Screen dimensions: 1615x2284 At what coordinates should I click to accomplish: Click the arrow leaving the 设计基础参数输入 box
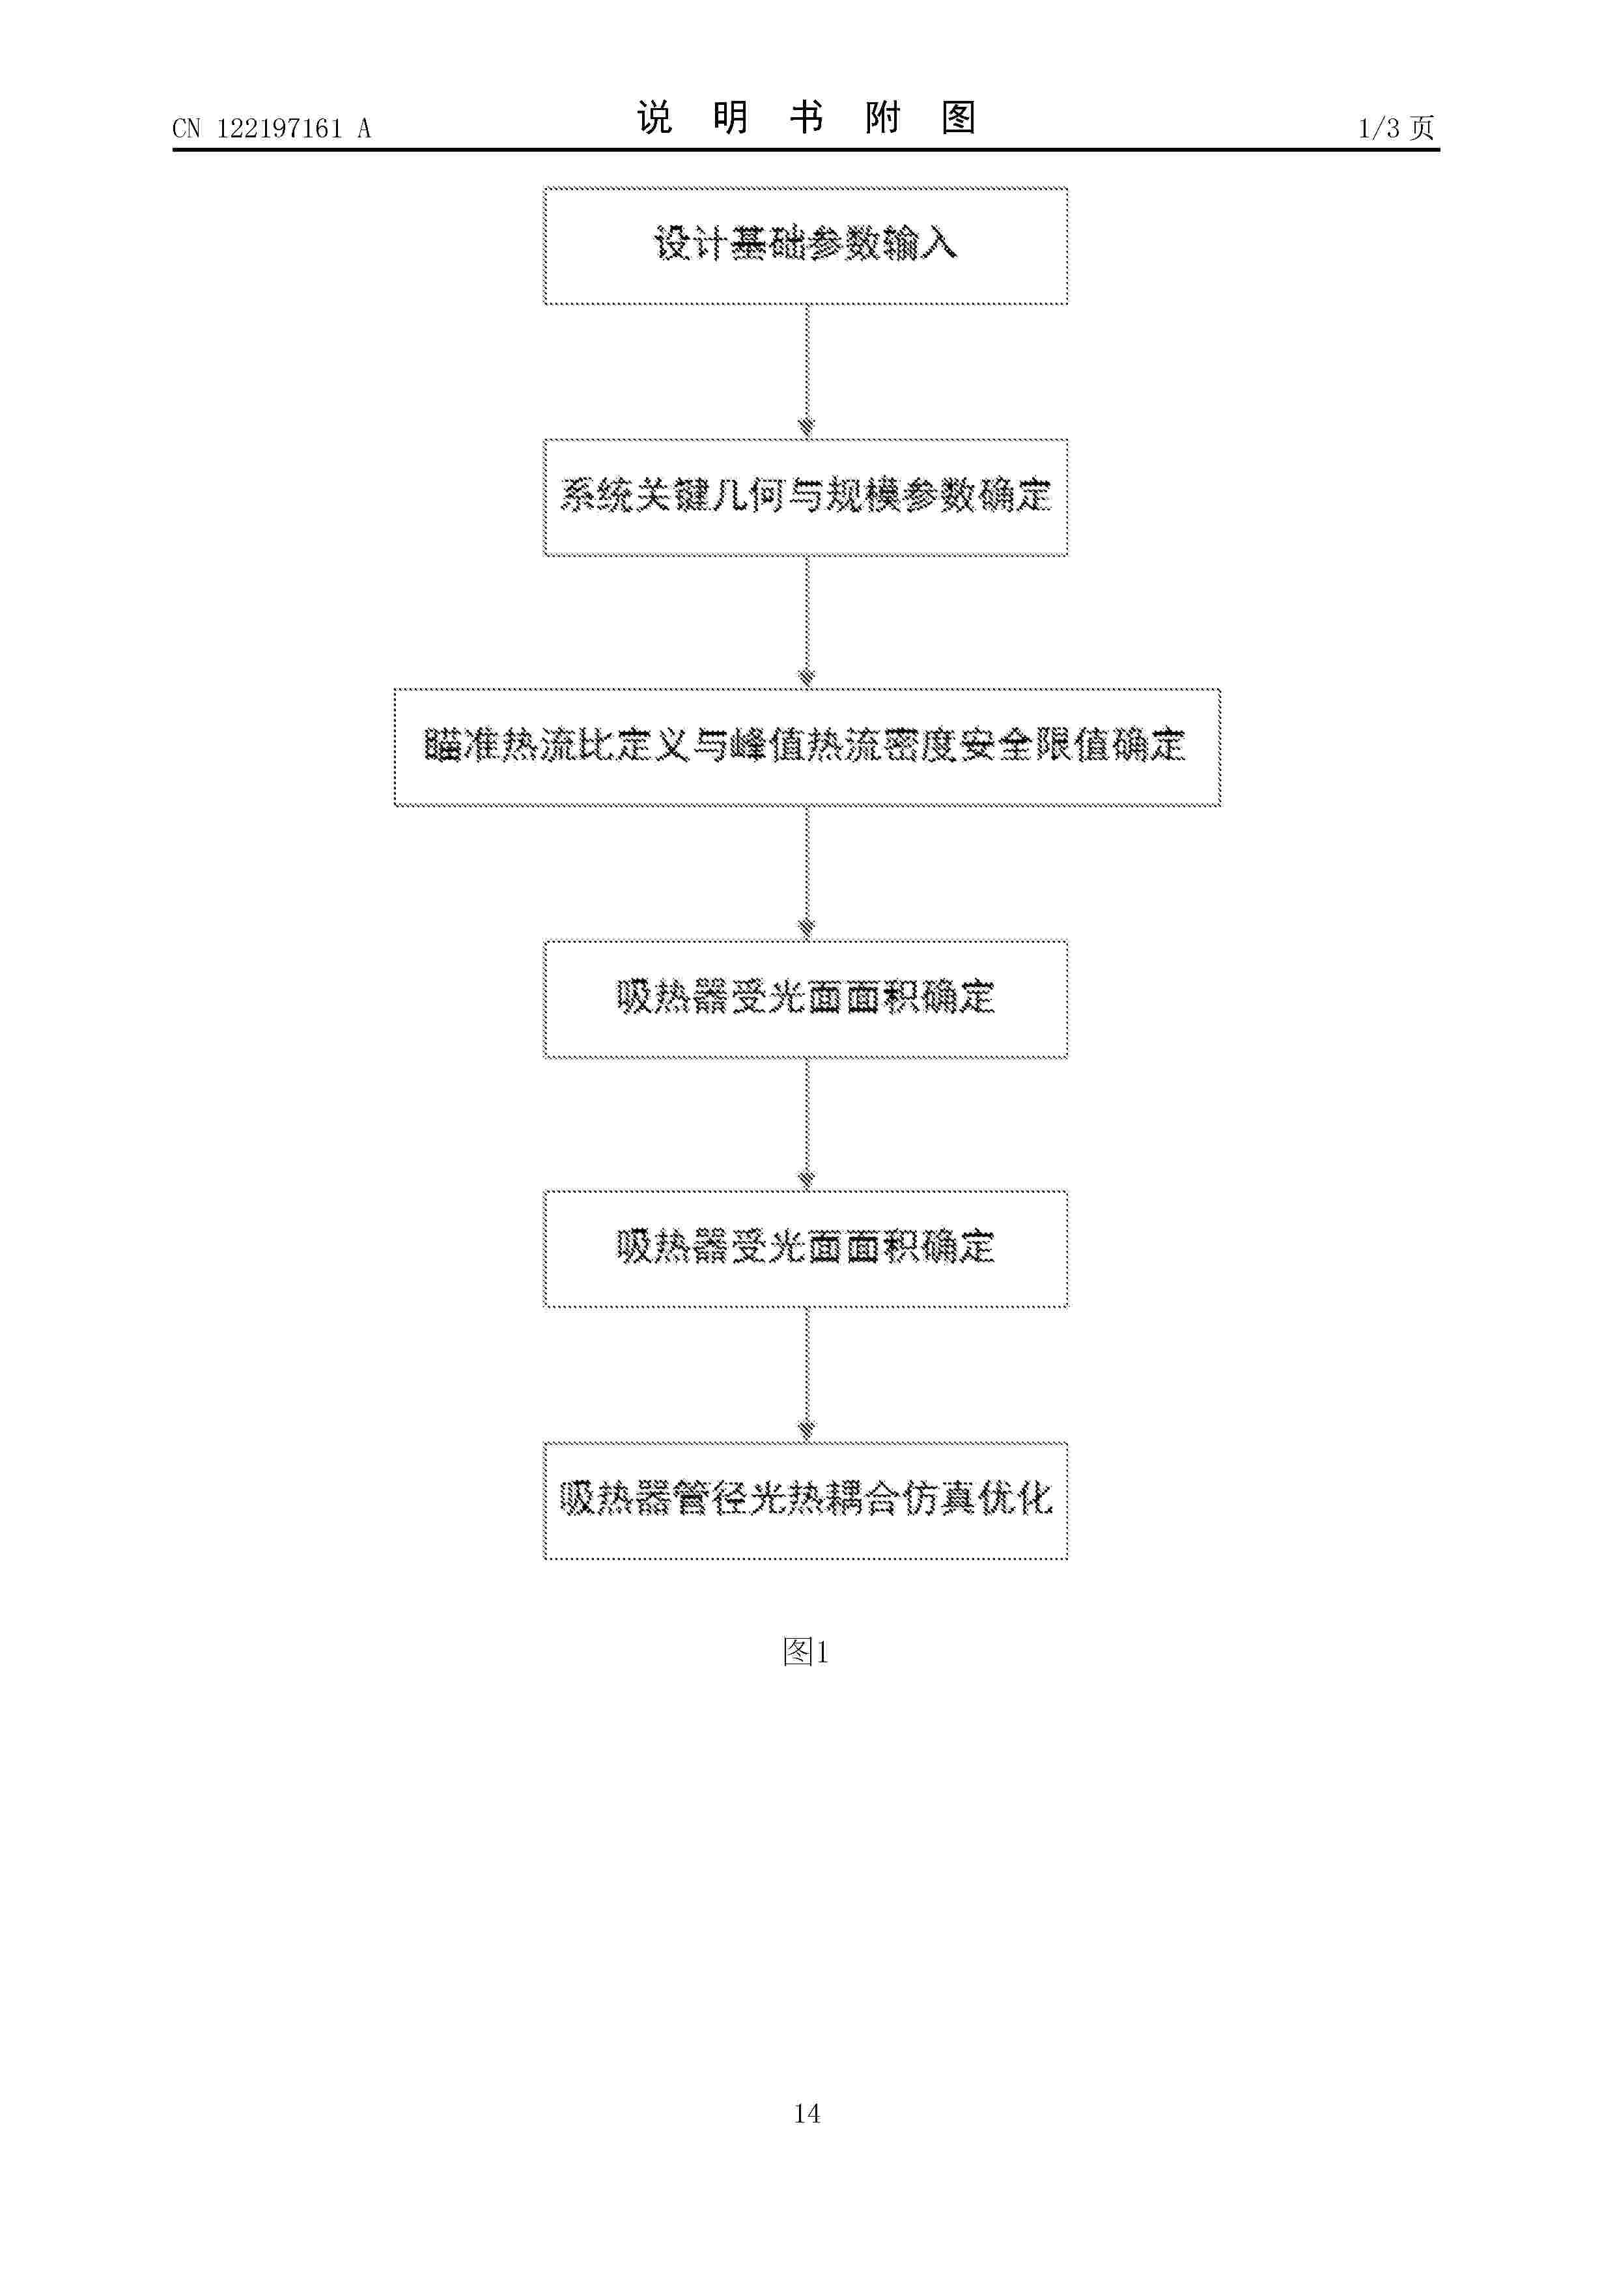pos(807,371)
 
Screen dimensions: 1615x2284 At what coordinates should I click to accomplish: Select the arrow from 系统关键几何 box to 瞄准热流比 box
pos(807,622)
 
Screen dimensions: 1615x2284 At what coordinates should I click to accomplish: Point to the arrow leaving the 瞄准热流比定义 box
pos(807,872)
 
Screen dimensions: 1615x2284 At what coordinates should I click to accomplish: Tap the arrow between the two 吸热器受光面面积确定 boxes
pos(807,1123)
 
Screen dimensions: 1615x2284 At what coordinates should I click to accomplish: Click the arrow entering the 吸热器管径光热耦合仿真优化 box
pos(807,1374)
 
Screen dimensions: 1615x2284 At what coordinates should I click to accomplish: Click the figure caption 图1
pos(806,1652)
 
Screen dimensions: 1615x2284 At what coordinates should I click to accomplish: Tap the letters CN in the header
pos(186,128)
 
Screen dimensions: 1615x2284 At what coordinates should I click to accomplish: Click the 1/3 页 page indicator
pos(1396,128)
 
